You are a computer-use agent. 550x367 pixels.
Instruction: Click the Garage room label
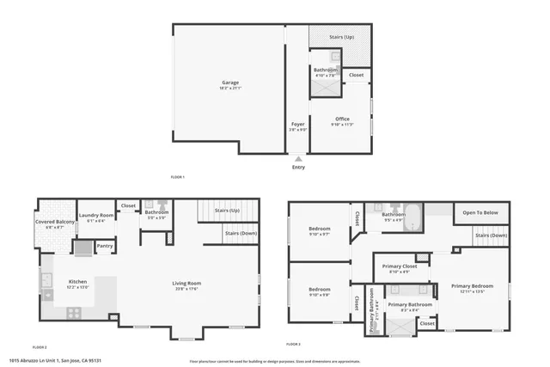[x=229, y=83]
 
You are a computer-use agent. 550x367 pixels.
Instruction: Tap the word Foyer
[x=297, y=124]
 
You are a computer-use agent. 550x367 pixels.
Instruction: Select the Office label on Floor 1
[x=342, y=119]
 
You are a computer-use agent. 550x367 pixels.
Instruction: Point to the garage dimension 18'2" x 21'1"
[x=229, y=88]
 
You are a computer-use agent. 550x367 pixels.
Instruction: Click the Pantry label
[x=105, y=247]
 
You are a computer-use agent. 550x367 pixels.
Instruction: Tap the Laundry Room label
[x=96, y=215]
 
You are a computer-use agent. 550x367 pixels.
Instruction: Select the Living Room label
[x=186, y=283]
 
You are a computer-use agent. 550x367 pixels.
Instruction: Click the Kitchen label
[x=78, y=281]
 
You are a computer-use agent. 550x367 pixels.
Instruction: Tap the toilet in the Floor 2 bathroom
[x=148, y=205]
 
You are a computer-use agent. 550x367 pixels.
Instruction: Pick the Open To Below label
[x=480, y=212]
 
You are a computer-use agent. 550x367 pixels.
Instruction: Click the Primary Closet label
[x=399, y=266]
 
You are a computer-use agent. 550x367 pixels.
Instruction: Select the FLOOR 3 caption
[x=294, y=344]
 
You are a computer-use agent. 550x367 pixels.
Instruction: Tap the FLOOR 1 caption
[x=178, y=177]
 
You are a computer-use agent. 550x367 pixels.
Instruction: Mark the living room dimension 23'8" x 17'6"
[x=186, y=288]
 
